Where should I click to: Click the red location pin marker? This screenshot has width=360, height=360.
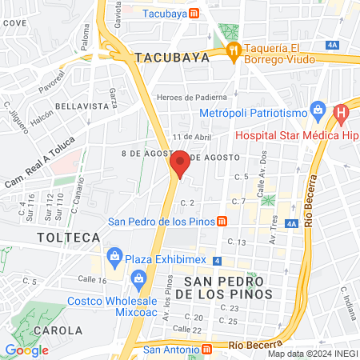pos(180,163)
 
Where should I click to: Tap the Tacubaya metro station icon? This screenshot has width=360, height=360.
pos(194,14)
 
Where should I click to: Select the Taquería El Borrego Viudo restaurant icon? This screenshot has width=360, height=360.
pos(234,52)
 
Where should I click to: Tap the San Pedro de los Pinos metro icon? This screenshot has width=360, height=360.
pos(230,222)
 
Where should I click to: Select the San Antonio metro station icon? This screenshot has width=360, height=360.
pos(207,348)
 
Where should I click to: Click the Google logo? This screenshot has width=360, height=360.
pos(26,350)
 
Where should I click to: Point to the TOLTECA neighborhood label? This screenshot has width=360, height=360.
pos(68,238)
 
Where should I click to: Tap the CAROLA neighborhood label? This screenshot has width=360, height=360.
pos(57,330)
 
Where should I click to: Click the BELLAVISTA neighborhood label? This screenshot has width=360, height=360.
pos(81,106)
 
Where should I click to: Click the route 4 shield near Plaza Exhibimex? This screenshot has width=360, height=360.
pos(218,261)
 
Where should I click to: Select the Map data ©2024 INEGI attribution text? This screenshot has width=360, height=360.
pos(312,354)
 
